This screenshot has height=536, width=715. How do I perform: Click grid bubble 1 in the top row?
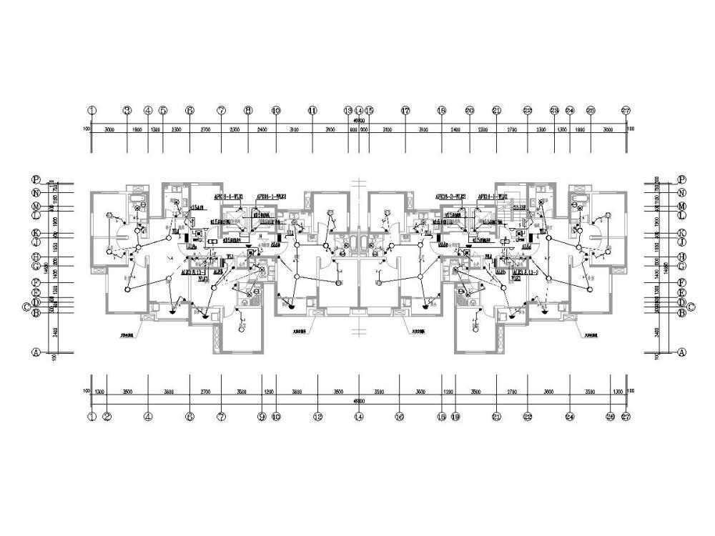coord(92,111)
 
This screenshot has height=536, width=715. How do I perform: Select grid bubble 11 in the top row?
coord(312,111)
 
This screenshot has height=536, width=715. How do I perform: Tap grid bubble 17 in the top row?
coord(405,111)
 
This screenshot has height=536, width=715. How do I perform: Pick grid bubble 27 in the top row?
coord(626,111)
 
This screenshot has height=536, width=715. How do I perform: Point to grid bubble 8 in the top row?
coord(248,111)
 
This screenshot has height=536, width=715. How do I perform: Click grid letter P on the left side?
coord(36,179)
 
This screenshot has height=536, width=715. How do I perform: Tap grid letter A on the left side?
coord(36,352)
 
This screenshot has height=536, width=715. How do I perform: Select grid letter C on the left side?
coord(27,307)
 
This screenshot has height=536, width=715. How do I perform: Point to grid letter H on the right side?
coord(681,257)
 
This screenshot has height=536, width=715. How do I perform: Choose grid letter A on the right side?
coord(681,352)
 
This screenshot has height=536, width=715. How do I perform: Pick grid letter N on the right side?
coord(681,193)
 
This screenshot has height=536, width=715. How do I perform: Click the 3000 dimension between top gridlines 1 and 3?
coord(109,129)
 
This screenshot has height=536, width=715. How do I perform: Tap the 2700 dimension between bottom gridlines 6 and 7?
coord(205,392)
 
